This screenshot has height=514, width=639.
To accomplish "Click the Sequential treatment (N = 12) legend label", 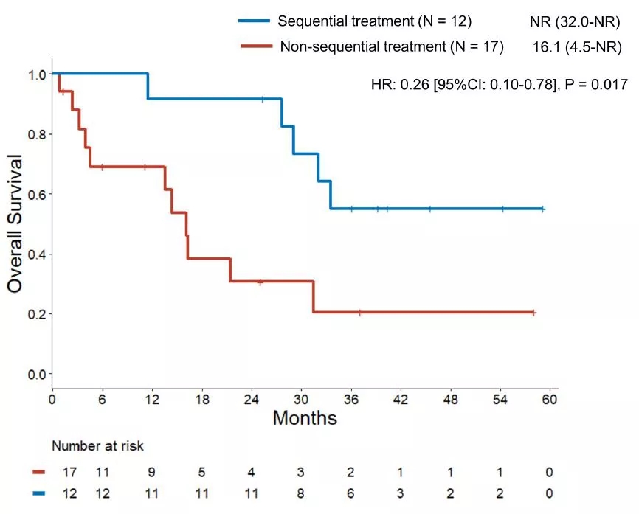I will (x=375, y=21).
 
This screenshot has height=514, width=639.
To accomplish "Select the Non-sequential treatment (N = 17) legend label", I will (x=392, y=47).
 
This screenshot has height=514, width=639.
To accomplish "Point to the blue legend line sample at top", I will (x=254, y=21).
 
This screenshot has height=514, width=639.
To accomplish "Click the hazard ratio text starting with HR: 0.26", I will (x=499, y=84).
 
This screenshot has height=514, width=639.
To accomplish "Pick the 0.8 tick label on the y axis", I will (x=35, y=134).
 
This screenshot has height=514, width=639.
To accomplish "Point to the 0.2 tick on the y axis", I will (x=35, y=314).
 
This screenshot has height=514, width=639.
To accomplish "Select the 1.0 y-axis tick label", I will (x=35, y=74).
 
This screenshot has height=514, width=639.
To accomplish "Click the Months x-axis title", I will (x=305, y=418).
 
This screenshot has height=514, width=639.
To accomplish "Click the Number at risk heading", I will (x=97, y=446).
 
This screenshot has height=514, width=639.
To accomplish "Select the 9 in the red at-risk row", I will (x=151, y=472).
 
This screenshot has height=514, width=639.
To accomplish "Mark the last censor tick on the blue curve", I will (x=542, y=209).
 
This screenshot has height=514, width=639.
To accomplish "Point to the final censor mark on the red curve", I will (x=533, y=313).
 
